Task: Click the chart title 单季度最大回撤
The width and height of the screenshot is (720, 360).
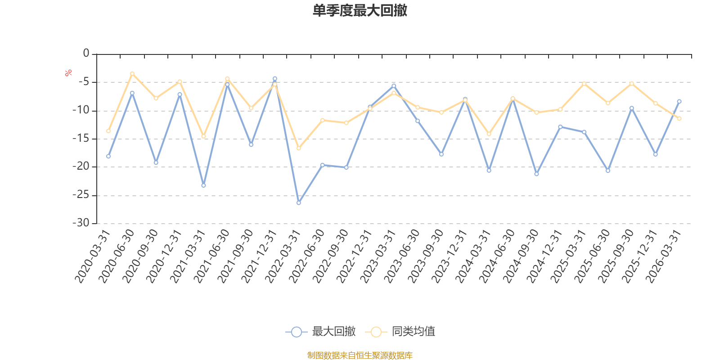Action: tap(360, 10)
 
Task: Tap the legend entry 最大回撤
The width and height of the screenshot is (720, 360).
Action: tap(320, 331)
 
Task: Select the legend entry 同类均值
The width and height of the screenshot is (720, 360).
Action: tap(400, 331)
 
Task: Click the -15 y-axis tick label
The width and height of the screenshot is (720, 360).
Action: tap(81, 139)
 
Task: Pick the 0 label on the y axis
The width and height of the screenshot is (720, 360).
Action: tap(86, 53)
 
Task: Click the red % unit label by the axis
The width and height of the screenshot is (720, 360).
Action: tap(68, 73)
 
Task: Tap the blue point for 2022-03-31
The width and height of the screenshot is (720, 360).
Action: tap(299, 203)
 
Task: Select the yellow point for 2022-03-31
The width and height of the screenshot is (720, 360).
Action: tap(299, 148)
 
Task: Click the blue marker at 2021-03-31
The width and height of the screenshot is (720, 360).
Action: tap(203, 185)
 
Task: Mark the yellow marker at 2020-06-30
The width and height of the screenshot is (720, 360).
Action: tap(132, 74)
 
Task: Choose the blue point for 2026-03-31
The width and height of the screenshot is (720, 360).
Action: tap(679, 102)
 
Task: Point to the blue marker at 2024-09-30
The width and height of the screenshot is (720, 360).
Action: tap(536, 174)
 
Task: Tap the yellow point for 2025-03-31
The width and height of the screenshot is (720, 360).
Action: tap(584, 84)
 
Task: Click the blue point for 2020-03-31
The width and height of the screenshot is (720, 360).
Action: tap(108, 156)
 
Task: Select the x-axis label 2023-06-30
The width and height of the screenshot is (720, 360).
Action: tap(402, 256)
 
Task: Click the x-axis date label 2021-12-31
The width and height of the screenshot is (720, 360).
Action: tap(259, 256)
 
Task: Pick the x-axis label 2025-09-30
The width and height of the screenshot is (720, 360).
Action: tap(616, 256)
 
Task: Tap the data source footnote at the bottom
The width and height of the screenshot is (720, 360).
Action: tap(360, 355)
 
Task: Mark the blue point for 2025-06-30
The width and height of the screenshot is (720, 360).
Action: tap(608, 171)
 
